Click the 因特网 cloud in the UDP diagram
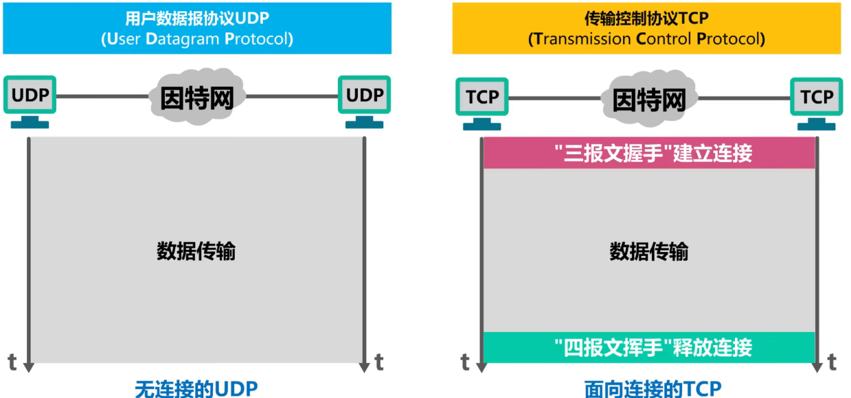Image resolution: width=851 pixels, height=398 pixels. pos(196,97)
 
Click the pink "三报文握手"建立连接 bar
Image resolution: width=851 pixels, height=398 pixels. pos(649,154)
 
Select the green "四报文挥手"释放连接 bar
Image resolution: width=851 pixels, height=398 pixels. pos(649,347)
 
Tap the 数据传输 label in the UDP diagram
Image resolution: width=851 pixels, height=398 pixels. pos(196,251)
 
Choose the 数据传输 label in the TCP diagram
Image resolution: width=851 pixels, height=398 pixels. pos(649,251)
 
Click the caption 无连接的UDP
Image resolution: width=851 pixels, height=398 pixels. pos(196,388)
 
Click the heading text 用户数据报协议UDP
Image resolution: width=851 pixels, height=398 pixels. pos(196,19)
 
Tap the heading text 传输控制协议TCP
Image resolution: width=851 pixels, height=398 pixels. pos(646,19)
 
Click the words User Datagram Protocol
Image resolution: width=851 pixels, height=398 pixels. pos(196,38)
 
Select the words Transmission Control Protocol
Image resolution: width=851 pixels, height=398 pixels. pos(646,38)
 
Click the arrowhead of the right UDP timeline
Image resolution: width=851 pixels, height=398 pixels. pos(364,367)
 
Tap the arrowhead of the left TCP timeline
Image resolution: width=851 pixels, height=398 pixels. pos(482,367)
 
